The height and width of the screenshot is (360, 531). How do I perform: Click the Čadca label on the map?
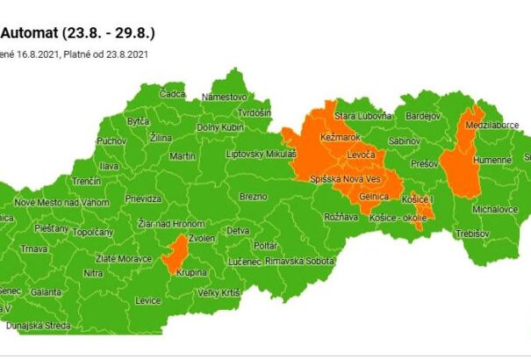(x=173, y=94)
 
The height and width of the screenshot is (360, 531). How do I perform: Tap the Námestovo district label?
(x=225, y=97)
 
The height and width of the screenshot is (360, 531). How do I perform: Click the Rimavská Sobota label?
(x=299, y=261)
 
